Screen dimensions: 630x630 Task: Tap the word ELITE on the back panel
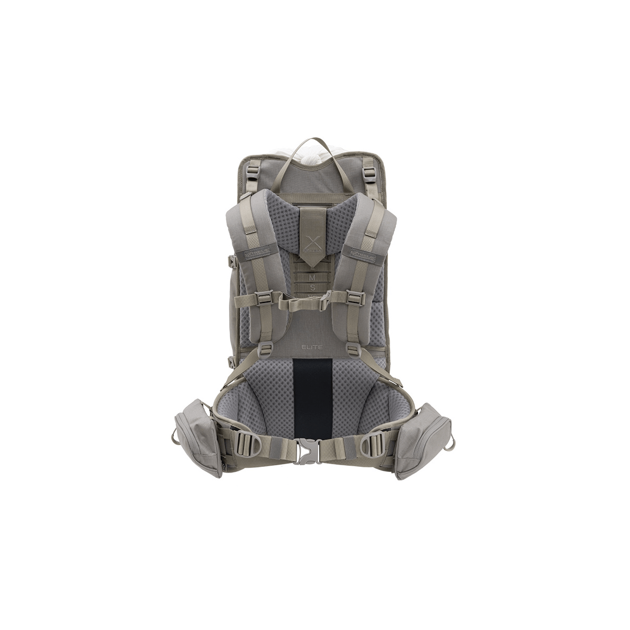[311, 346]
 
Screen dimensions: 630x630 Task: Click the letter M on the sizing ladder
[312, 276]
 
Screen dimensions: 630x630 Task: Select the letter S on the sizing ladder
[312, 287]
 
